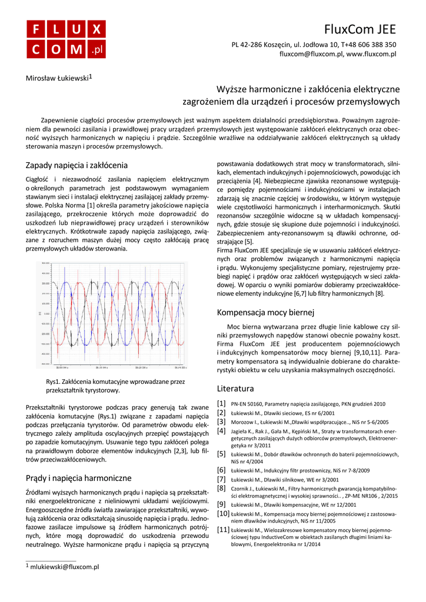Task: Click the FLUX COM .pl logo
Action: (x=66, y=39)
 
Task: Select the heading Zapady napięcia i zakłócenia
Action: (x=77, y=165)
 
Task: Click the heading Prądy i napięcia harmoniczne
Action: (x=79, y=478)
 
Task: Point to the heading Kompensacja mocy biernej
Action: (x=266, y=312)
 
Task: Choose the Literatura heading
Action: (x=235, y=389)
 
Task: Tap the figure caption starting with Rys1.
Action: (x=115, y=386)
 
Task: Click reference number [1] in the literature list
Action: (x=221, y=404)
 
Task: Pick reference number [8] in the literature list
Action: (x=221, y=488)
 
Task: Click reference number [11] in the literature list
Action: (x=224, y=530)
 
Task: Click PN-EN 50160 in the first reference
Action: (x=247, y=404)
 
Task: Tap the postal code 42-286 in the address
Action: (x=254, y=44)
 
